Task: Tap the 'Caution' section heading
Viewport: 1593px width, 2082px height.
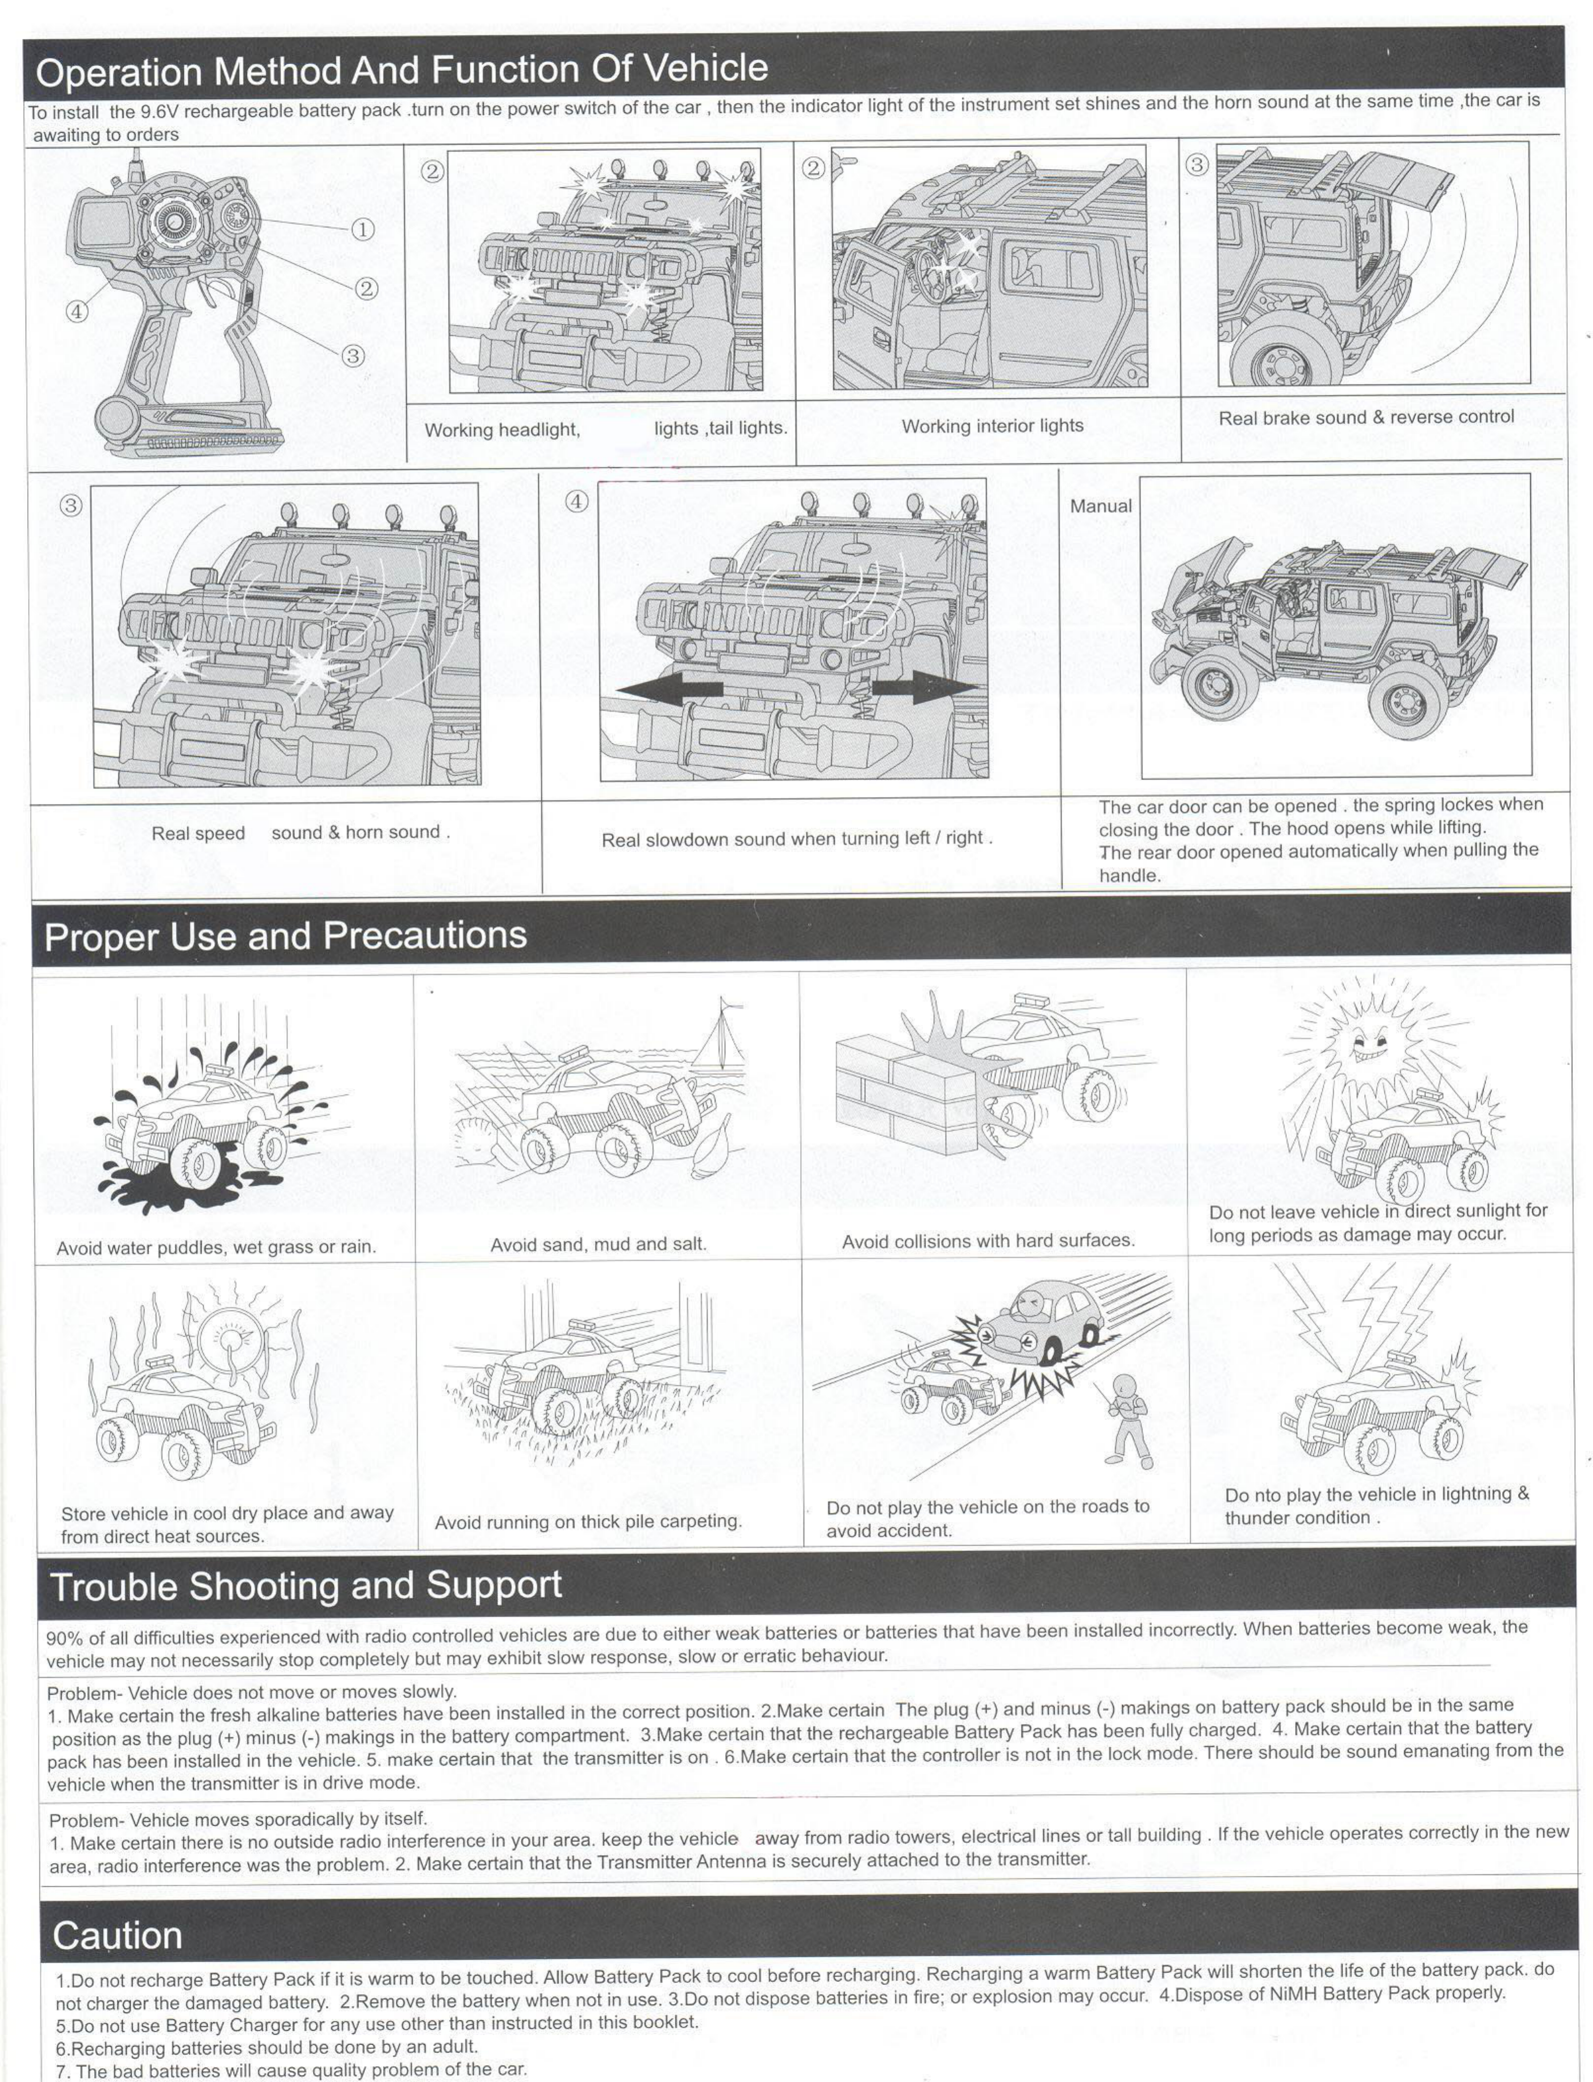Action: tap(118, 1935)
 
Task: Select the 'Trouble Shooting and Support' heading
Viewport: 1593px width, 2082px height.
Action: tap(305, 1586)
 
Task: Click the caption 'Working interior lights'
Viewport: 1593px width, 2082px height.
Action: tap(992, 426)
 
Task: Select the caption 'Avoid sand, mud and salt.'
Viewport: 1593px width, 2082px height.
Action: tap(598, 1244)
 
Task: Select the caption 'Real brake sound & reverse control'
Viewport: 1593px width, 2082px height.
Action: tap(1365, 417)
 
